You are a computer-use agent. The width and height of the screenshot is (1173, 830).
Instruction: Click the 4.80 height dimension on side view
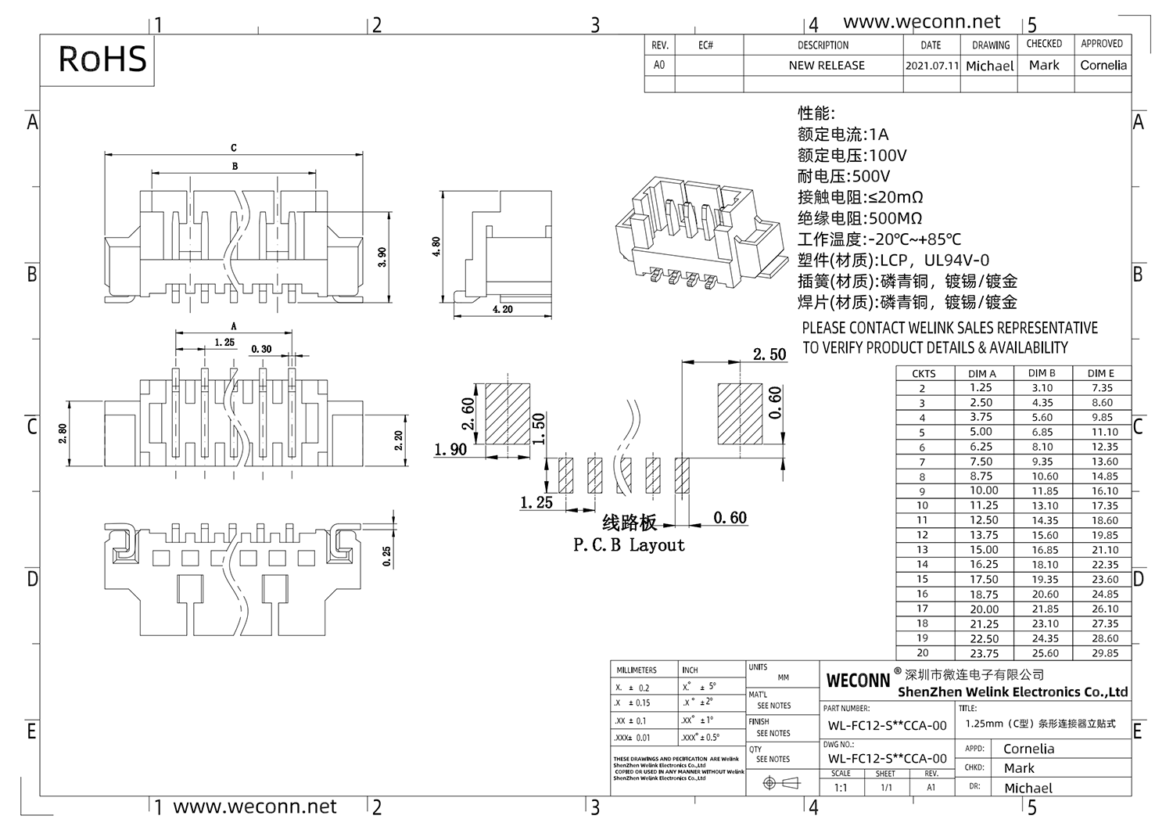click(436, 247)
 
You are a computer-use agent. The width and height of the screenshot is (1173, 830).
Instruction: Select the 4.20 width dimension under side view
click(502, 310)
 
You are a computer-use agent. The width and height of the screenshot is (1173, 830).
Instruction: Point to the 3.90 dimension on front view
click(382, 257)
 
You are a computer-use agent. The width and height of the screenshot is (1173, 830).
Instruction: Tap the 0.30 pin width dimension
click(261, 349)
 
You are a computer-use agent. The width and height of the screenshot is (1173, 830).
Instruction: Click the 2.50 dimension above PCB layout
click(769, 354)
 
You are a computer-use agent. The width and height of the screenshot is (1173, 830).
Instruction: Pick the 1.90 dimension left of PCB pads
click(450, 449)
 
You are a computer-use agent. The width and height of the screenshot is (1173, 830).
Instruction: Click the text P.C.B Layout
click(629, 545)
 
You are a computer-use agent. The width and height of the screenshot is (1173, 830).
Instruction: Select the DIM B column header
click(1042, 373)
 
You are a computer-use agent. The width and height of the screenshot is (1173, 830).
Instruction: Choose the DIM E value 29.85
click(1104, 653)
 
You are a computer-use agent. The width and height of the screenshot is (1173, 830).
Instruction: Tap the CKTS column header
click(923, 373)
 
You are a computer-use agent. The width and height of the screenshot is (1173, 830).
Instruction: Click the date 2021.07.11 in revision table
click(931, 66)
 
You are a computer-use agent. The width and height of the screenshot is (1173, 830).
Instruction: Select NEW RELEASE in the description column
click(826, 66)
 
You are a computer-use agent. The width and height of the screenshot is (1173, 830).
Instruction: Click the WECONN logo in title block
click(858, 681)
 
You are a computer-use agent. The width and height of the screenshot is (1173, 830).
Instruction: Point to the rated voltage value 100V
click(888, 156)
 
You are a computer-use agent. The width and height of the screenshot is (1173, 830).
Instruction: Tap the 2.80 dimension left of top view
click(63, 433)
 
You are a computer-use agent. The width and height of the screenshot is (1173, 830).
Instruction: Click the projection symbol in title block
click(781, 783)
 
